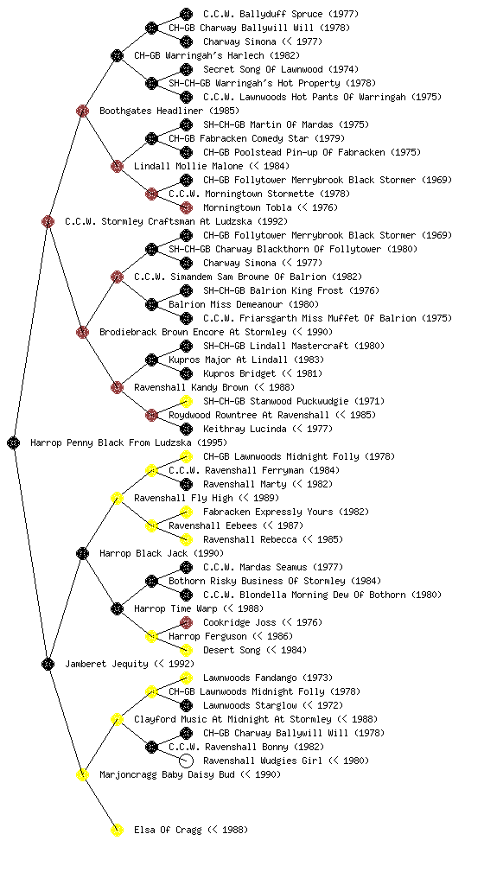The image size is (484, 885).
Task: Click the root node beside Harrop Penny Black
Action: [x=14, y=442]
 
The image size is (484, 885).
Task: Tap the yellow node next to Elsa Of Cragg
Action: [x=117, y=830]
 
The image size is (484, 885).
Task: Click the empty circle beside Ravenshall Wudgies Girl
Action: [x=186, y=761]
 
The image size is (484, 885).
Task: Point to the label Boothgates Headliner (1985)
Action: [x=169, y=111]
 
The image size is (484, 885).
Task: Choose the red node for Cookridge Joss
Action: [x=186, y=622]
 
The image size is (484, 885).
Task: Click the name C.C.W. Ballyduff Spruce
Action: [x=263, y=14]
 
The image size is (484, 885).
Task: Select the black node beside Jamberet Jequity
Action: [x=48, y=664]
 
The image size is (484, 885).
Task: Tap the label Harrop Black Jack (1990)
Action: [x=162, y=553]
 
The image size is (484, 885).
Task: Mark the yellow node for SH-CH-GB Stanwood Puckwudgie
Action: [x=186, y=401]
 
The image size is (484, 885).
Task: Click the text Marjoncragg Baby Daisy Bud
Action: [x=167, y=774]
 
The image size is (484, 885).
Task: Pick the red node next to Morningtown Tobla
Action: [x=186, y=207]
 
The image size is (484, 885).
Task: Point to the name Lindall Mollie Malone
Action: [x=188, y=166]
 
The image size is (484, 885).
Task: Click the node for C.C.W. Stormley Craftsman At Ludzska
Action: [x=48, y=221]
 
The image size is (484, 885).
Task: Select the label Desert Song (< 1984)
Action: [x=255, y=650]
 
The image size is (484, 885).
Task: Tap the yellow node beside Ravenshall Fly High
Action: [x=117, y=498]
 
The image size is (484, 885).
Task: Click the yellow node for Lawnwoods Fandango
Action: [x=186, y=678]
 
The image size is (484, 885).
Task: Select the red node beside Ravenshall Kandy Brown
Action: [x=117, y=387]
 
